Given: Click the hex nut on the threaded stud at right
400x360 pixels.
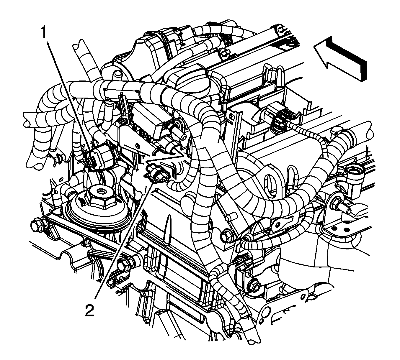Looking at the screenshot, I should click(336, 204).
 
